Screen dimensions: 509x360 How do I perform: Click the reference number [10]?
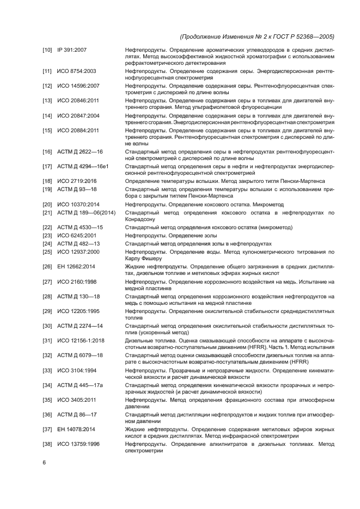tap(47, 50)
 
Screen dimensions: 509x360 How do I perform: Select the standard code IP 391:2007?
tap(72, 50)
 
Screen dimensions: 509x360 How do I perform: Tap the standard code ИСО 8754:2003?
tap(77, 72)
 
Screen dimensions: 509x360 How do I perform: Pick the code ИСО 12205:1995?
tap(78, 310)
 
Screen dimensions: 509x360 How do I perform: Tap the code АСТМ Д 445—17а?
tap(81, 385)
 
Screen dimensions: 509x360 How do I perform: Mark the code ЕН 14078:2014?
tap(76, 429)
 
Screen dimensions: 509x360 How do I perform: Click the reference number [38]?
tap(47, 444)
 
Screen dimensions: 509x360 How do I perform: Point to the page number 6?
tap(45, 462)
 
